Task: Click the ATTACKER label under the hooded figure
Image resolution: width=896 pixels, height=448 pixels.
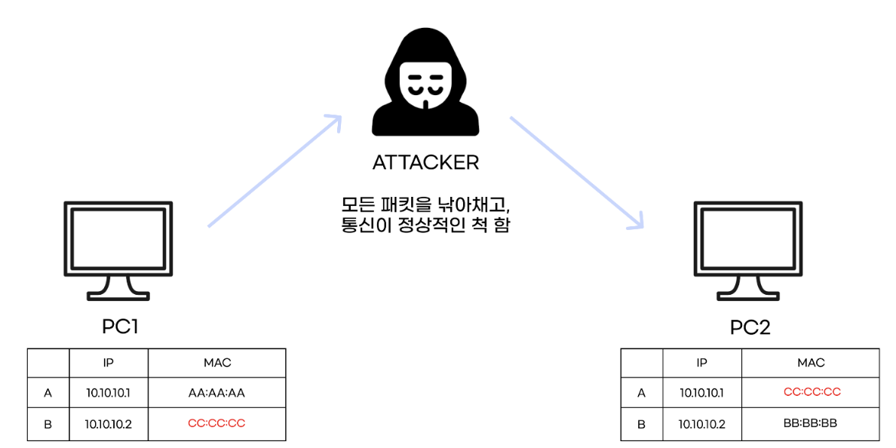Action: coord(425,162)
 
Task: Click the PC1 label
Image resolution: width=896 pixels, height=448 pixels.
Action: coord(120,327)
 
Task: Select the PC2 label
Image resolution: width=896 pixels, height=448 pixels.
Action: coord(750,327)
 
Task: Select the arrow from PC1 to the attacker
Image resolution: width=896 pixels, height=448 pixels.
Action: coord(275,171)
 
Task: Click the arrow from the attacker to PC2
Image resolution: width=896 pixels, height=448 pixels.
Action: coord(577,172)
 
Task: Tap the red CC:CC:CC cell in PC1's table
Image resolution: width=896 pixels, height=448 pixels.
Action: coord(216,423)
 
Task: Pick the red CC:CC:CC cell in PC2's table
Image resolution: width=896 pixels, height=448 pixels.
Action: coord(812,392)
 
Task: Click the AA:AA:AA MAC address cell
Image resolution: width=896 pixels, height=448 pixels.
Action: coord(216,393)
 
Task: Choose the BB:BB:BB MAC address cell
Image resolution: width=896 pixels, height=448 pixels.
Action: coord(812,423)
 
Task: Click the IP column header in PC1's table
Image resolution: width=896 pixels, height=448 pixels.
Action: coord(109,363)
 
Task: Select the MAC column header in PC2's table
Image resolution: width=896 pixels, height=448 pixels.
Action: coord(812,363)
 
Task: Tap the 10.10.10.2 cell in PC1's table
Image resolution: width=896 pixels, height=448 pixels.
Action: coord(109,424)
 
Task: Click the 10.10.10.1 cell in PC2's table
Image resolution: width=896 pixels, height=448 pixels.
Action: coord(702,392)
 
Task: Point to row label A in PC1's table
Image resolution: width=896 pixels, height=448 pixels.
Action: coord(48,393)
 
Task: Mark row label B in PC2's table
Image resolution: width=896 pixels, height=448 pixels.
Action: coord(641,424)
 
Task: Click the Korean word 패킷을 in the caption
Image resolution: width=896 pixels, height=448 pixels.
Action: coord(412,204)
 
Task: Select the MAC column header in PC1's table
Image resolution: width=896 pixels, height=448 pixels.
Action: coord(216,363)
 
